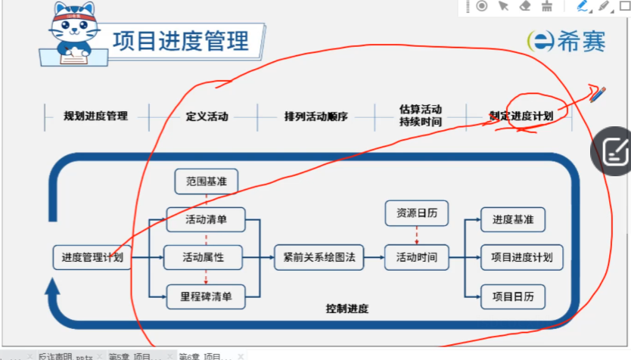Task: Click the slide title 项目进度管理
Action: click(x=181, y=40)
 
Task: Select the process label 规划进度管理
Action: click(x=96, y=116)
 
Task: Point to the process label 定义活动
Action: click(x=207, y=117)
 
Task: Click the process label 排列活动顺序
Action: click(x=315, y=117)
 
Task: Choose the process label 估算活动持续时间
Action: click(x=420, y=115)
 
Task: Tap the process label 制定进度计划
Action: click(x=521, y=116)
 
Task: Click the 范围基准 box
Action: click(x=206, y=182)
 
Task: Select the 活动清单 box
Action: click(x=206, y=220)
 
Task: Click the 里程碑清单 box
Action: click(x=206, y=296)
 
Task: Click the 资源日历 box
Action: click(x=416, y=214)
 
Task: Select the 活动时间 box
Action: click(x=416, y=258)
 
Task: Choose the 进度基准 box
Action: click(x=513, y=220)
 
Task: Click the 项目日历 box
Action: click(x=513, y=296)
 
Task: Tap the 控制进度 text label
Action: click(x=347, y=309)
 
